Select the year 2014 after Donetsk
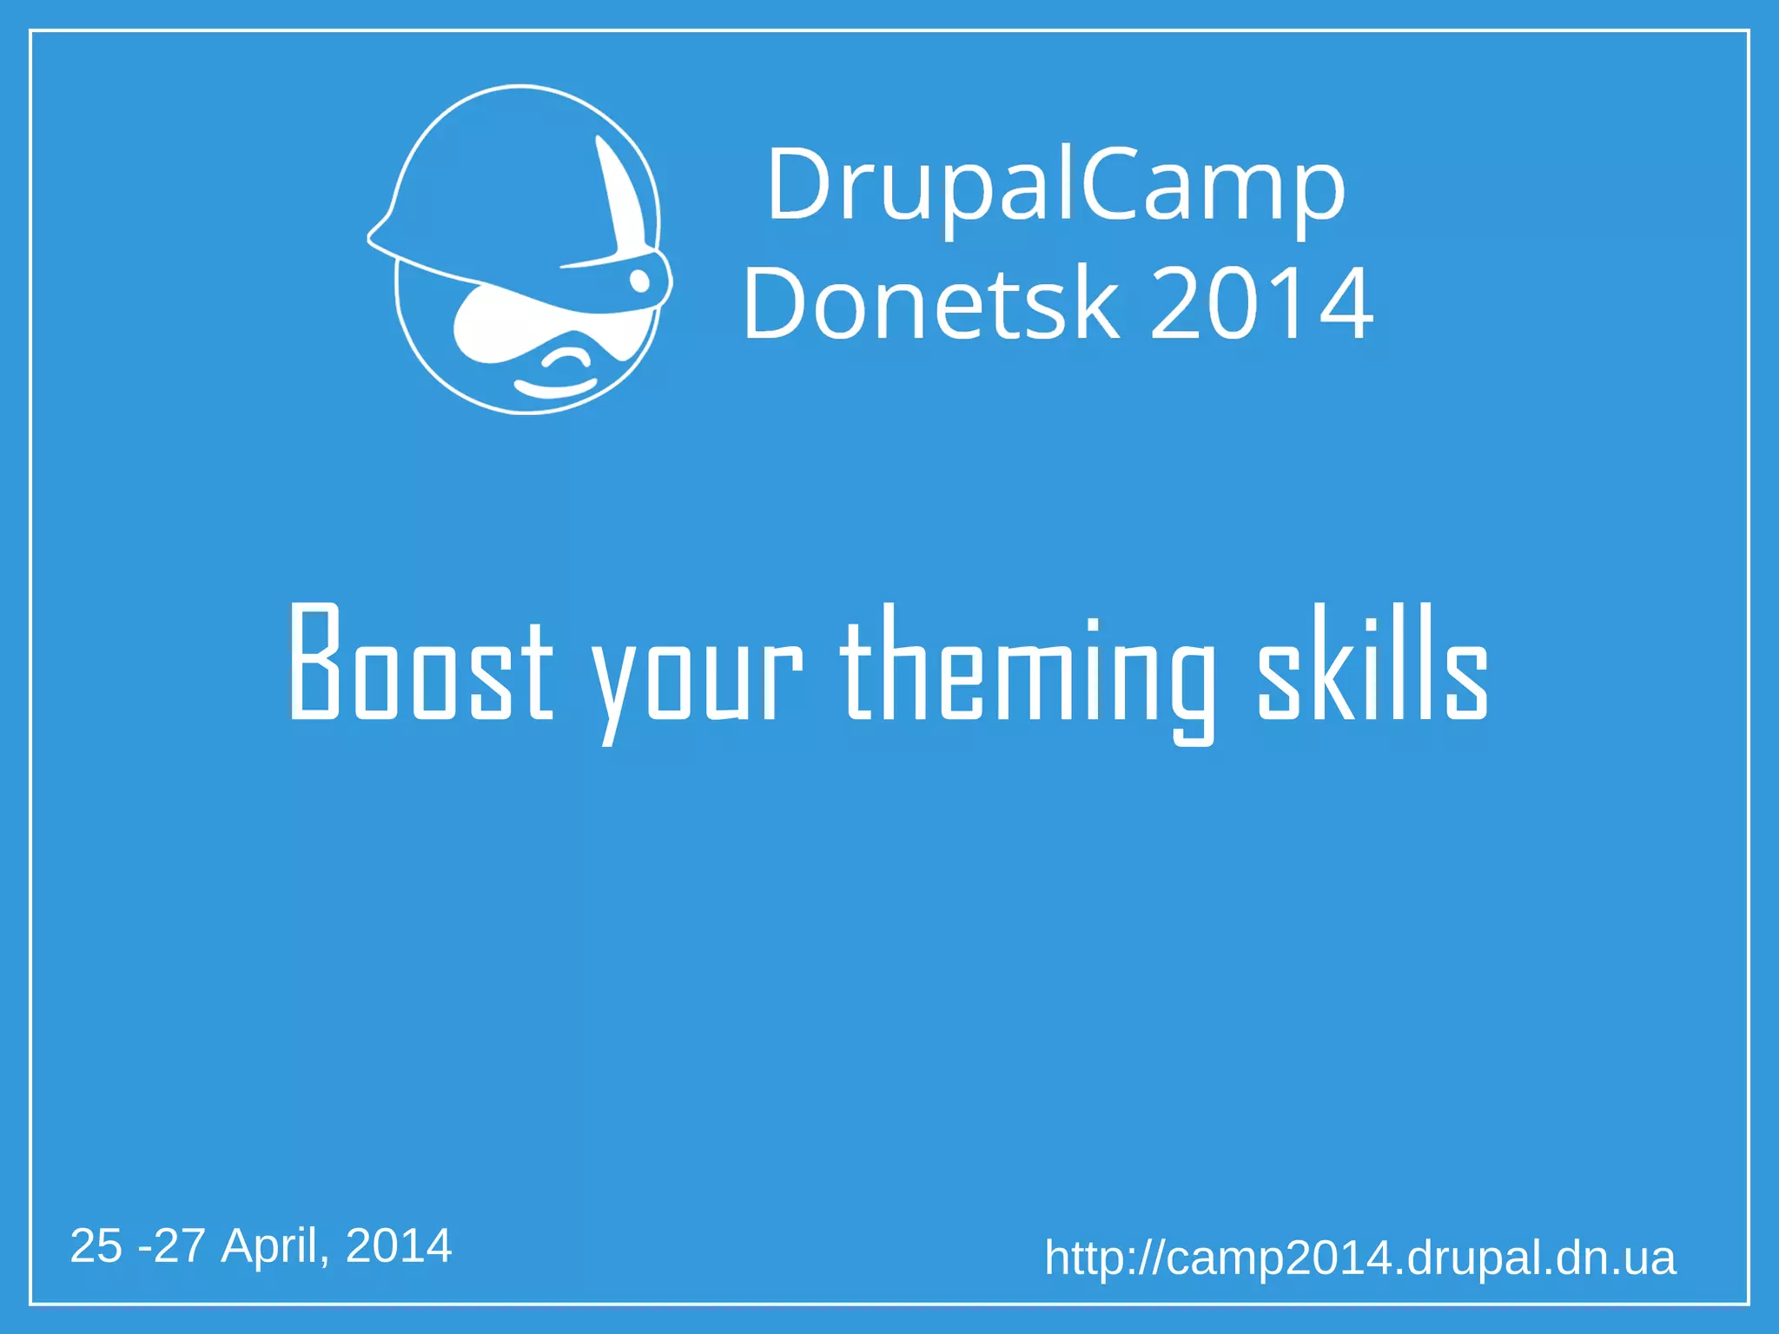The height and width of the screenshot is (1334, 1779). pos(1262,304)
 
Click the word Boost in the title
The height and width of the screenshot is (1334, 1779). pos(420,664)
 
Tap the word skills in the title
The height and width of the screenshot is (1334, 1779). pos(1373,664)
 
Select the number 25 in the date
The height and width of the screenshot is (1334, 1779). pos(96,1245)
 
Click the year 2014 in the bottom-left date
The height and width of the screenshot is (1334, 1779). pos(399,1245)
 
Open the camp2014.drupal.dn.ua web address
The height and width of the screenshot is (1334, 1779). pos(1359,1258)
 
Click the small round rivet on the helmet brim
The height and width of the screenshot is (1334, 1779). pos(639,281)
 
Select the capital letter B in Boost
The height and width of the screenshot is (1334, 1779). pos(314,662)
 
